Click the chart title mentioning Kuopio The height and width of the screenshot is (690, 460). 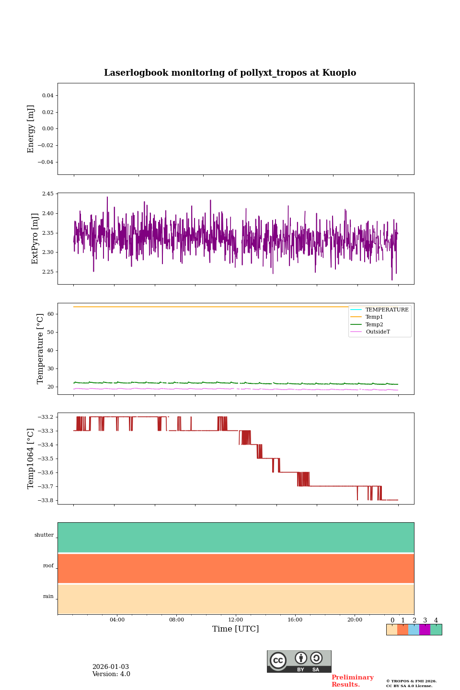(x=230, y=73)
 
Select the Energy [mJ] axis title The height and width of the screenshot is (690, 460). (x=31, y=129)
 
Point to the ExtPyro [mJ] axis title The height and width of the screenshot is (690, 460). (x=35, y=239)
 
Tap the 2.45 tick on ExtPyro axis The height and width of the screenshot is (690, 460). (x=48, y=194)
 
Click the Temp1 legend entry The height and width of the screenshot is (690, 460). (x=374, y=317)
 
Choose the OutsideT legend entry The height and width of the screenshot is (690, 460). (x=378, y=332)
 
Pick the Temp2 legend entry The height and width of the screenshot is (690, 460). (x=374, y=325)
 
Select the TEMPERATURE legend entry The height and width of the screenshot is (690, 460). (x=387, y=310)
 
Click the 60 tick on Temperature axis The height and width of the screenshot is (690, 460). (x=50, y=314)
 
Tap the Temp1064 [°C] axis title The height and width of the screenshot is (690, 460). (x=31, y=459)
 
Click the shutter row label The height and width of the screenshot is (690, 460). (x=44, y=535)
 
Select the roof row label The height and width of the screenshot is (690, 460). (x=48, y=566)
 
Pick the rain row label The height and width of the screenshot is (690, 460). (x=48, y=597)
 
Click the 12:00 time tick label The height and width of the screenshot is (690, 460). (x=236, y=620)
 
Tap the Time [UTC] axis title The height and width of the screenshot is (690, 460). (x=236, y=629)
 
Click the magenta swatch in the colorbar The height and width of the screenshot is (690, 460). (x=425, y=630)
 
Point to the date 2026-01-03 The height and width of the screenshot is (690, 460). (x=111, y=667)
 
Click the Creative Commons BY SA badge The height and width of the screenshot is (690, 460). (x=299, y=661)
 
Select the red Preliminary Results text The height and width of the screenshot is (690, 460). (x=352, y=681)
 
